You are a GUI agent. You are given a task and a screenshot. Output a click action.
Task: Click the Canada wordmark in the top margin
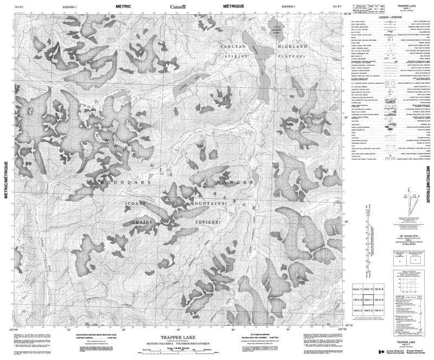coord(177,6)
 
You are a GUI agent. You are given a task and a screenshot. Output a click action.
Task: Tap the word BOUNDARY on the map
coord(123,184)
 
